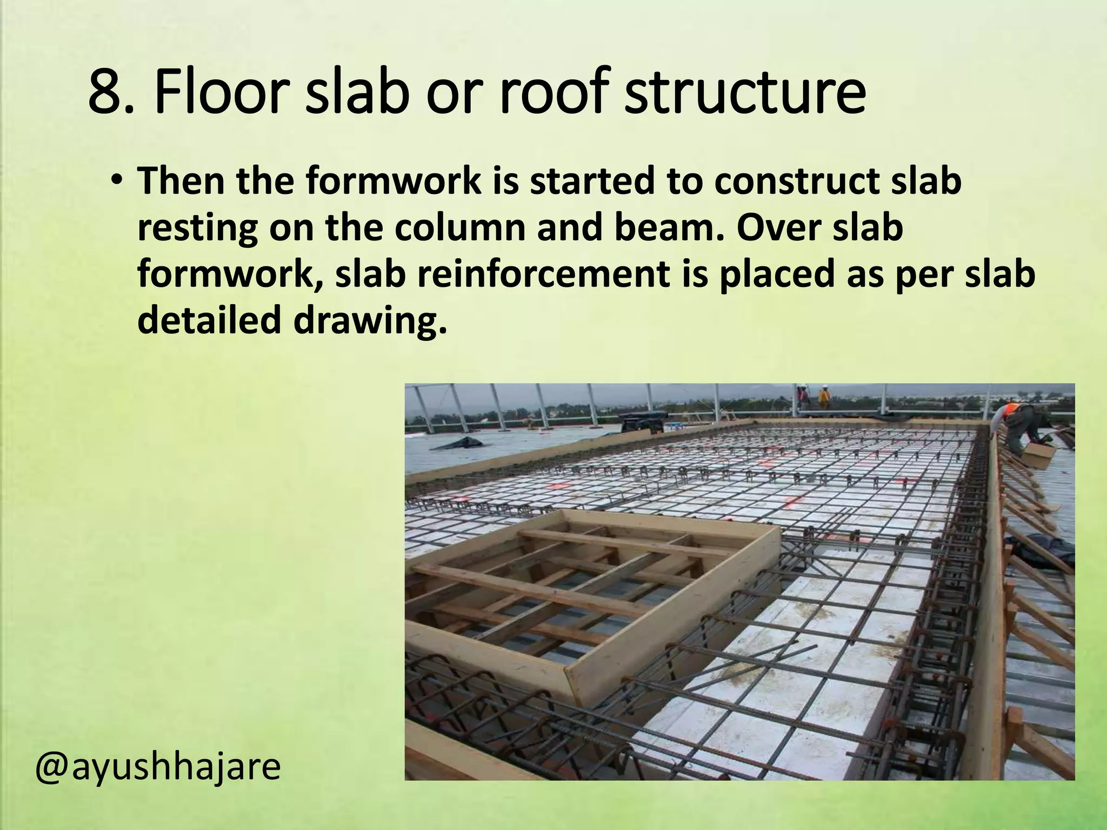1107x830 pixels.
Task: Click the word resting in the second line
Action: (197, 228)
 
